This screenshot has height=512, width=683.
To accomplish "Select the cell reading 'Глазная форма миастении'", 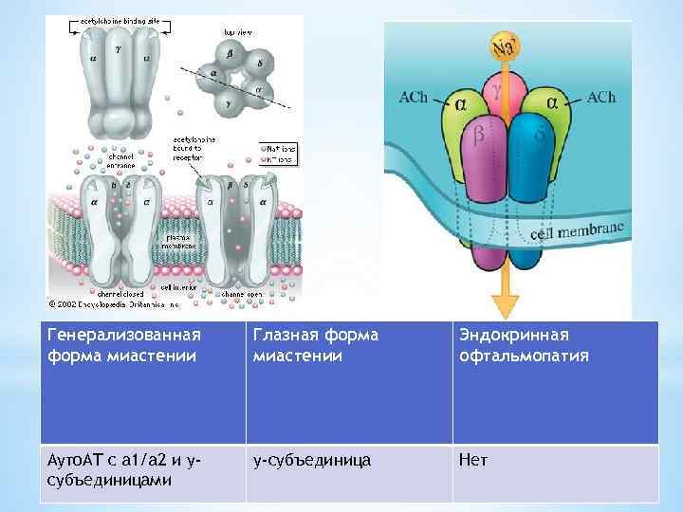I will pyautogui.click(x=348, y=382).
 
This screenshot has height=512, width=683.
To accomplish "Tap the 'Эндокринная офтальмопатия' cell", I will pyautogui.click(x=555, y=382).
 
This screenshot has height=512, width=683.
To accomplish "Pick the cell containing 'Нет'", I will pyautogui.click(x=555, y=473).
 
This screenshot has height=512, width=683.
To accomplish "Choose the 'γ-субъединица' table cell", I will pyautogui.click(x=348, y=473).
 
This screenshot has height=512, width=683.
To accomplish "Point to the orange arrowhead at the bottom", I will pyautogui.click(x=505, y=305).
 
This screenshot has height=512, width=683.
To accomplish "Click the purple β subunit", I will pyautogui.click(x=480, y=152).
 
